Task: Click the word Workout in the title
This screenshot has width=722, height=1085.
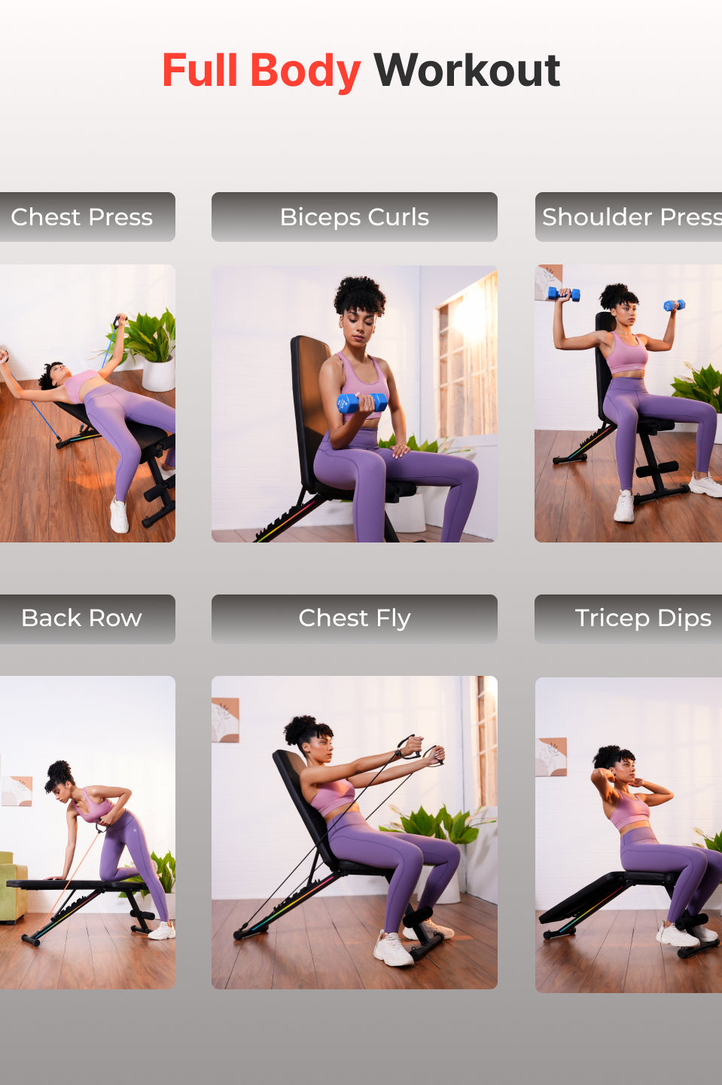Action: pos(467,71)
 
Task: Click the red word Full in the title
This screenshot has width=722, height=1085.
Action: pos(200,71)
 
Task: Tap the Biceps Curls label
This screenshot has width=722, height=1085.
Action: pos(354,217)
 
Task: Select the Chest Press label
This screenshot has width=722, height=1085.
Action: pos(81,217)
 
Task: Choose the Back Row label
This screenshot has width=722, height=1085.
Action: pos(81,619)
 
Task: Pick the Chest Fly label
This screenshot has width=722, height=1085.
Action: pos(354,619)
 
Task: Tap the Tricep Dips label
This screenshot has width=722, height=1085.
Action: pos(642,619)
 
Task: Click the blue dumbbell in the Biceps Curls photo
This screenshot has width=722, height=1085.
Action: pos(361,403)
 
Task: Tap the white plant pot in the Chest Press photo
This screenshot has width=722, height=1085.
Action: pos(158,374)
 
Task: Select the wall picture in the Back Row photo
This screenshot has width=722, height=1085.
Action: pos(17,791)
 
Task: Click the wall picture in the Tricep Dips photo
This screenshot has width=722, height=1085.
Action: pos(550,756)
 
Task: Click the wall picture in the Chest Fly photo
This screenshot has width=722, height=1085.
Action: pos(224,720)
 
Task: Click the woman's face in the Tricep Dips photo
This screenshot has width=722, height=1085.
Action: pos(625,769)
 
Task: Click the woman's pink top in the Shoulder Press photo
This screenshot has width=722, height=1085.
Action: pos(626,354)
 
